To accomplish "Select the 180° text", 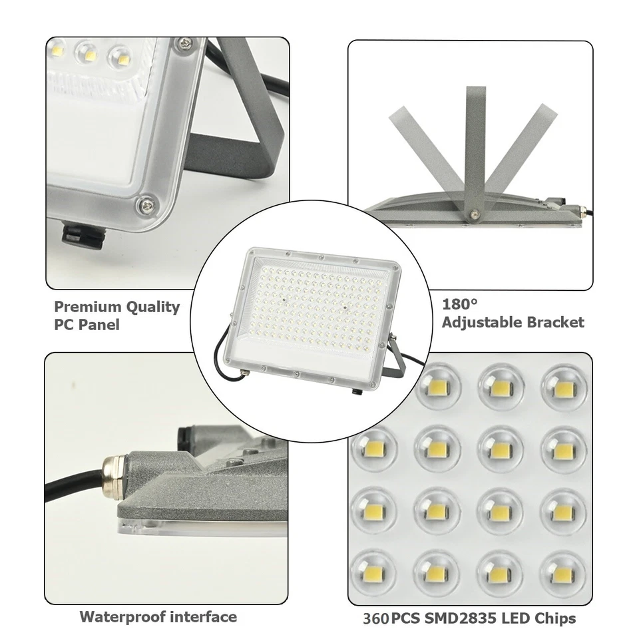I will tap(461, 305).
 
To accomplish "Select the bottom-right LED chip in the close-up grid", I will tap(563, 568).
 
